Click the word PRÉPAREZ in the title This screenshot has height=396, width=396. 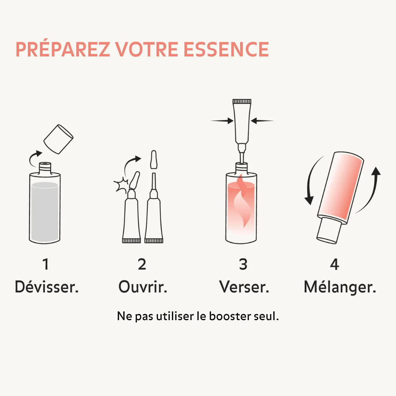[x=62, y=49]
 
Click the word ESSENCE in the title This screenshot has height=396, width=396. [x=226, y=49]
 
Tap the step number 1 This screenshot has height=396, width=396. [x=45, y=264]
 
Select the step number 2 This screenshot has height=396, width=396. [x=142, y=264]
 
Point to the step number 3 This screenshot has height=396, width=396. [x=243, y=264]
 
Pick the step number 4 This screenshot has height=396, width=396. [x=334, y=264]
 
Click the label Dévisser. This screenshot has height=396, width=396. [x=47, y=287]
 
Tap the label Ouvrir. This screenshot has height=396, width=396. [x=143, y=287]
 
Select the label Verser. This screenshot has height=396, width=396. [x=244, y=287]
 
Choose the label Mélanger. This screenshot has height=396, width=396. [x=340, y=287]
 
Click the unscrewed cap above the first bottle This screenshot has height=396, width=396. [x=58, y=139]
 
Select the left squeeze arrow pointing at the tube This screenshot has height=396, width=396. [x=222, y=121]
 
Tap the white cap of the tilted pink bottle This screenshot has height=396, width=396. [x=329, y=230]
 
